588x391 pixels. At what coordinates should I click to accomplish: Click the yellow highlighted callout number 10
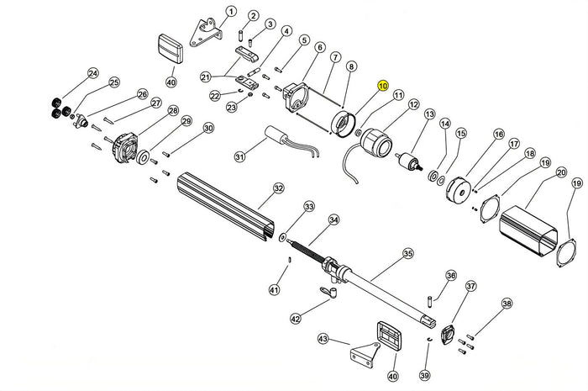point(382,86)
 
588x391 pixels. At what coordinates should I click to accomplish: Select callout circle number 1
point(231,13)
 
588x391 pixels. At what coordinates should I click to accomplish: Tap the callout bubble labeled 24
point(92,73)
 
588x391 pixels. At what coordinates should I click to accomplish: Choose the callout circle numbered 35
point(408,252)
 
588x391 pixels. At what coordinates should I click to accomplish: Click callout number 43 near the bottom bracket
point(323,339)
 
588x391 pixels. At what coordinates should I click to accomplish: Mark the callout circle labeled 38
point(506,304)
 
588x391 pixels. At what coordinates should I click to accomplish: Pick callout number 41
point(274,290)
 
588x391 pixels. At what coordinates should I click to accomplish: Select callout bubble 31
point(239,156)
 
